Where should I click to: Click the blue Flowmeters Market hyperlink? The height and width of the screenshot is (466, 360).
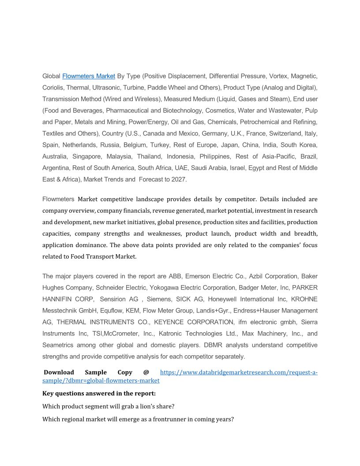click(x=89, y=76)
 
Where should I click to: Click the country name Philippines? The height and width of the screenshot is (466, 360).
click(x=215, y=157)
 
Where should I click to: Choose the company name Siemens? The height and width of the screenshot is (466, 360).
click(x=160, y=299)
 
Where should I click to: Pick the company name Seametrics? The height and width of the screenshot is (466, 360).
click(x=58, y=345)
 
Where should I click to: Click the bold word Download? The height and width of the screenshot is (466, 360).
click(x=59, y=372)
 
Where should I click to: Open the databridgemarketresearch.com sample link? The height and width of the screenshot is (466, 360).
click(x=238, y=372)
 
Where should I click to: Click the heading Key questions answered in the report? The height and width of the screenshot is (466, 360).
click(x=99, y=393)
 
